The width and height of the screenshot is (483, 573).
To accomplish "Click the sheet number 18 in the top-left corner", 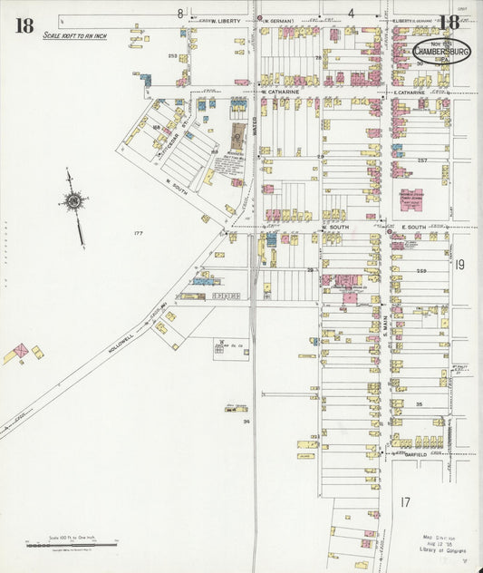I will pos(24,24).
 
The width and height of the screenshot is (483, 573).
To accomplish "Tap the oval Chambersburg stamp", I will pos(441,51).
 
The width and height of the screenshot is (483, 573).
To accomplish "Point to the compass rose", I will pos(74,201).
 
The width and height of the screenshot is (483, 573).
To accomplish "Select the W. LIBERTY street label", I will pos(226,18).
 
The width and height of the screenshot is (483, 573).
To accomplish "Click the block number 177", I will pos(139,234).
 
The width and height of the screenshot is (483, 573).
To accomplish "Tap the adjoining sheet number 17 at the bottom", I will pos(405,501).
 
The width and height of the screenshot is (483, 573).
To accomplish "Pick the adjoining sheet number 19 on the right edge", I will pos(459,265).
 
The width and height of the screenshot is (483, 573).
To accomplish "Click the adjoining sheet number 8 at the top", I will pos(180,13).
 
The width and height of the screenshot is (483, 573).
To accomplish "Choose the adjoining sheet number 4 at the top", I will pos(350,13).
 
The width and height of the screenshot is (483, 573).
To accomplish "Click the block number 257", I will pos(421,160).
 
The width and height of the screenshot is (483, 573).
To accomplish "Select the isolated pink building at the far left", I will pos(19,351).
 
